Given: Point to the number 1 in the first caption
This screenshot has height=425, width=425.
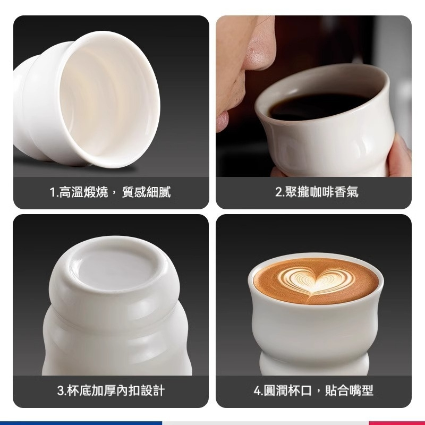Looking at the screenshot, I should point(53,192).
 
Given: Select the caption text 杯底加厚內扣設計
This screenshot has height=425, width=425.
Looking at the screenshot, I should point(116,391).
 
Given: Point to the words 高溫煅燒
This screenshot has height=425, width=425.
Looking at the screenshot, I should point(89,192).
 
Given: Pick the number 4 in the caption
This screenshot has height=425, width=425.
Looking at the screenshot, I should point(258,391).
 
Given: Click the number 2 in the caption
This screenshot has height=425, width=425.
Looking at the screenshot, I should point(278,192).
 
